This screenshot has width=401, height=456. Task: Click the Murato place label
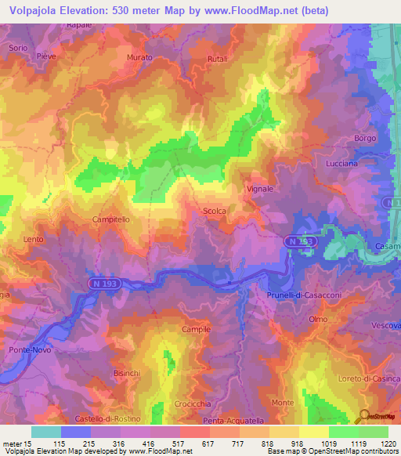click(x=139, y=58)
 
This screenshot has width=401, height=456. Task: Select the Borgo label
click(x=365, y=138)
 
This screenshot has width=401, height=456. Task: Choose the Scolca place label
click(x=215, y=211)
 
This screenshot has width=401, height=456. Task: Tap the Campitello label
click(x=111, y=220)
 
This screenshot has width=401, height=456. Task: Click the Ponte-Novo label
click(x=29, y=349)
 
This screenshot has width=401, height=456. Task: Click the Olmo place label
click(x=318, y=320)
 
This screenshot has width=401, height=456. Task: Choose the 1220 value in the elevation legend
click(x=388, y=443)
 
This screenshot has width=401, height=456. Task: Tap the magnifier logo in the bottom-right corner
click(x=365, y=416)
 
